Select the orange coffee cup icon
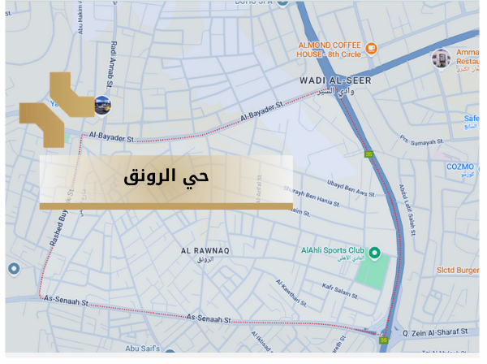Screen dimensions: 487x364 372,49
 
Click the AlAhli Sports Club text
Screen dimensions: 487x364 333,252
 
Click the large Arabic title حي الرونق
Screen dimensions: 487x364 166,175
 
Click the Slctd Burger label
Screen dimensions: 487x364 464,268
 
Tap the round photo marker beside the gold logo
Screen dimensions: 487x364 102,104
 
